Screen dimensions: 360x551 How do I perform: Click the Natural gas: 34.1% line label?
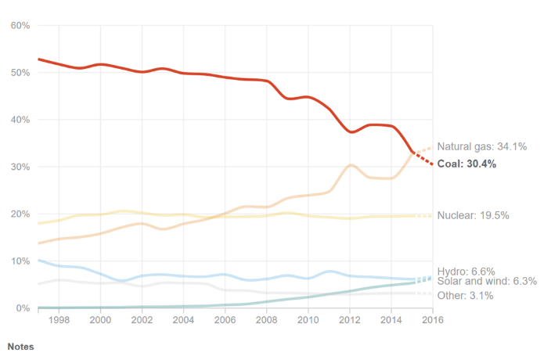click(481, 146)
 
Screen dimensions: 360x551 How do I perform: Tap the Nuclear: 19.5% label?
click(473, 215)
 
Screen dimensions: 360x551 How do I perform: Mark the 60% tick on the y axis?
click(20, 26)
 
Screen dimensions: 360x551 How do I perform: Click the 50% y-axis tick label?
click(20, 73)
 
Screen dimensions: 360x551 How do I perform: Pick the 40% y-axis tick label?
click(20, 120)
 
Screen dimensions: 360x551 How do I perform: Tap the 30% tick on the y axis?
click(20, 167)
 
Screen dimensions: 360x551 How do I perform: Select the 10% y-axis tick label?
click(20, 261)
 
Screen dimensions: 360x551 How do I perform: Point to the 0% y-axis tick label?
click(22, 308)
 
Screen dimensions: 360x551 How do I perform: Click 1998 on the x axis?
click(59, 320)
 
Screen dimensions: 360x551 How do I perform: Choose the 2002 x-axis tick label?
click(142, 320)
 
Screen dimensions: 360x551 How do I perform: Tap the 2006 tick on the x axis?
click(225, 320)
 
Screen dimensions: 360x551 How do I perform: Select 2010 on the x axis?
click(308, 320)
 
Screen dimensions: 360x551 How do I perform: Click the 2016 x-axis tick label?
click(432, 320)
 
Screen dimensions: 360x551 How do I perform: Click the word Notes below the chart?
click(20, 345)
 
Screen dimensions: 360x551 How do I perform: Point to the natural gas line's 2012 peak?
click(351, 165)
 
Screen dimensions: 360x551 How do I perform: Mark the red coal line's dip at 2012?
click(353, 131)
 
